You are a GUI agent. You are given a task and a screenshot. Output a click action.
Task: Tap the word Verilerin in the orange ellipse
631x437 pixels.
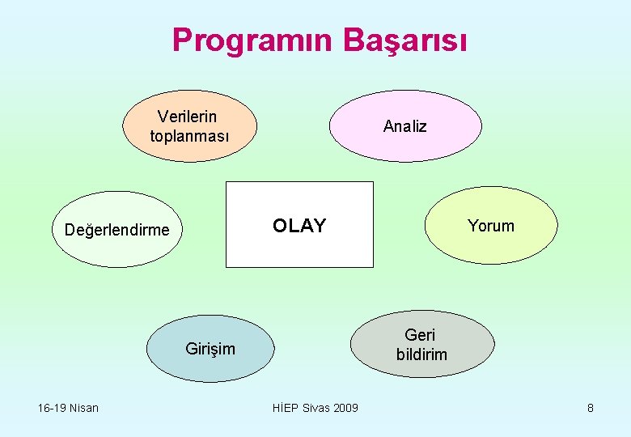(x=187, y=117)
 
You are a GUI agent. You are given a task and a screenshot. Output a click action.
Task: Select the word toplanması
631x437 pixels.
(x=189, y=135)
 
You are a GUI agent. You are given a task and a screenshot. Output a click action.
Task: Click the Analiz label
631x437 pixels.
(x=404, y=126)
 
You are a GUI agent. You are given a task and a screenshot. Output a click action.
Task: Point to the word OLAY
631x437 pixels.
(x=299, y=226)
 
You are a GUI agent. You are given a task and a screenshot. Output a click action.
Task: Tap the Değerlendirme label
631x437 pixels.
(x=116, y=230)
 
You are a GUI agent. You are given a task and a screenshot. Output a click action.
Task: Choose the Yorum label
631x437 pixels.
(x=491, y=226)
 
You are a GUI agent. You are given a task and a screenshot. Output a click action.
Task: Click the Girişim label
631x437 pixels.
(x=210, y=349)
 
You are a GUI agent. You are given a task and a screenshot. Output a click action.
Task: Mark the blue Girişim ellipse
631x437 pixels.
(x=210, y=368)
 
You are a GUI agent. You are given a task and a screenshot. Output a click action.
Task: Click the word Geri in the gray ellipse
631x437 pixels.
(x=420, y=335)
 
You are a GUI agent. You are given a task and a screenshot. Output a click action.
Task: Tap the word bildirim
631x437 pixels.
(x=421, y=354)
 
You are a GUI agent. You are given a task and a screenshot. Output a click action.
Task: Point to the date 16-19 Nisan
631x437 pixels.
(x=68, y=408)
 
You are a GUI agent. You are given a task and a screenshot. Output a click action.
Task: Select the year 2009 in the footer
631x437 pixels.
(x=345, y=408)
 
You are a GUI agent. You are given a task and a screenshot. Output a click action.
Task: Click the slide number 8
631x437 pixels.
(x=591, y=408)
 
